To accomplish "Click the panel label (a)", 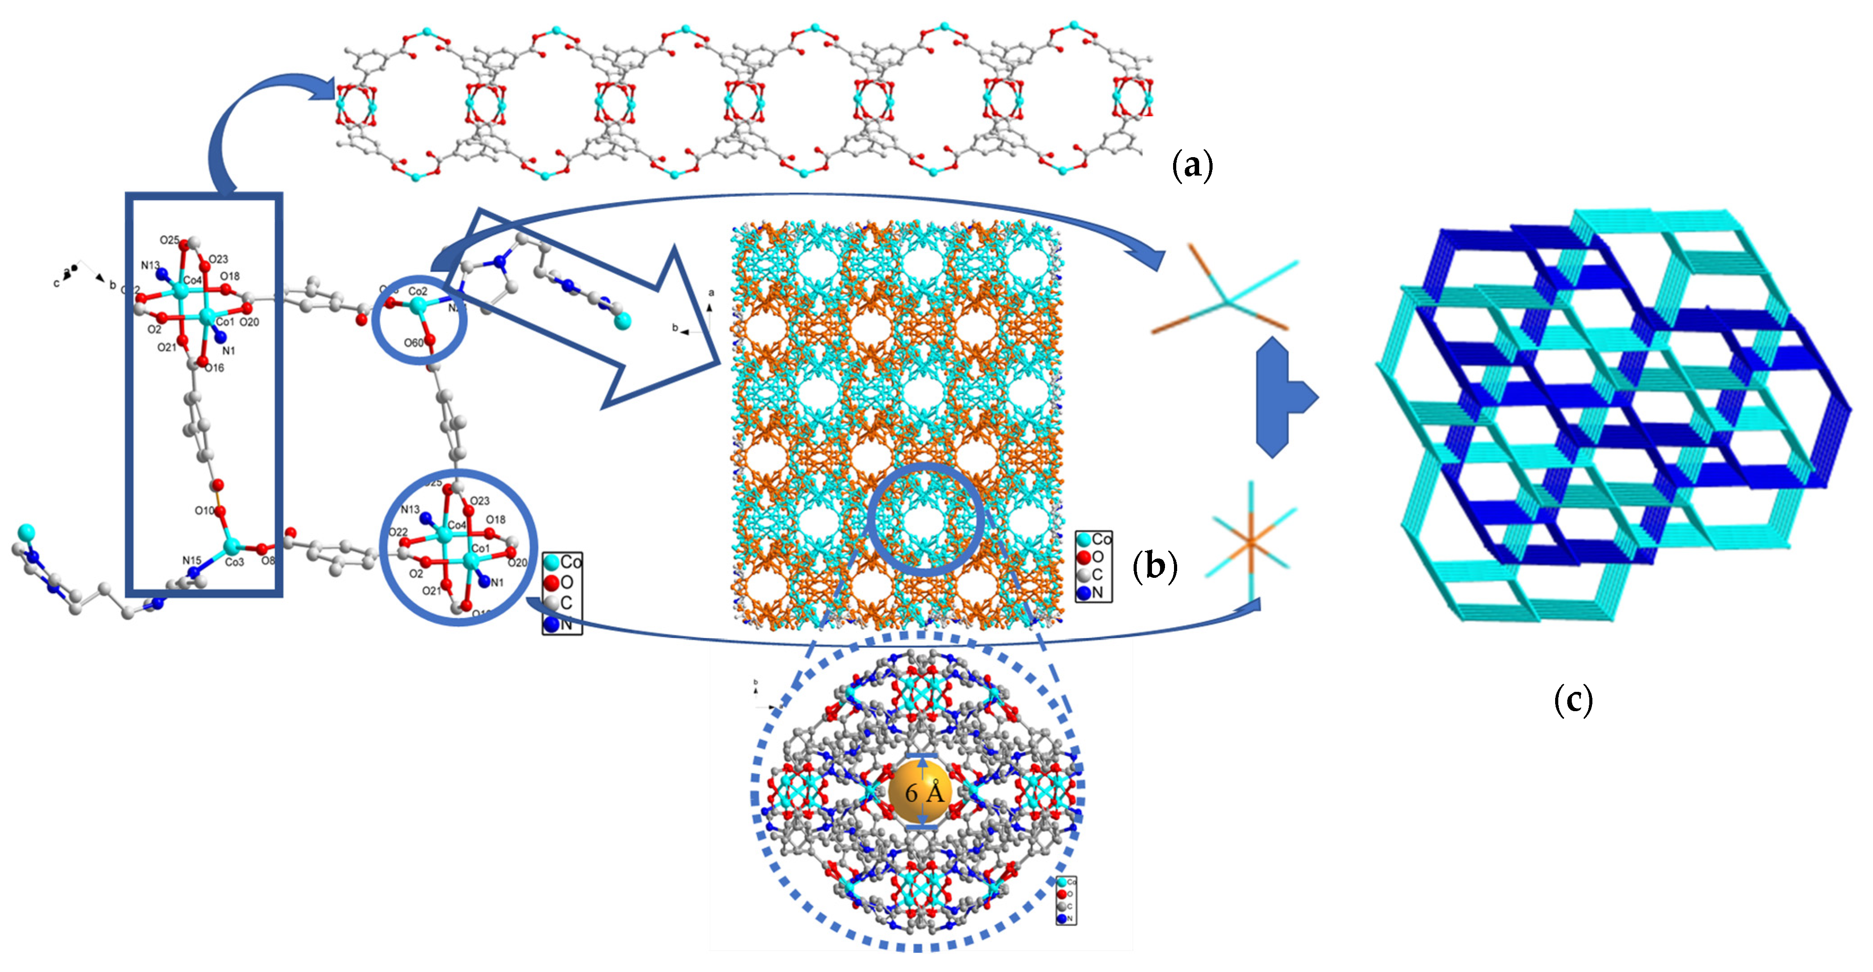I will pos(1192,166).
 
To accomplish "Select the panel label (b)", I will pos(1155,566).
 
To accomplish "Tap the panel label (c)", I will pos(1573,699).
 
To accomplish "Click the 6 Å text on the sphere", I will pos(923,792).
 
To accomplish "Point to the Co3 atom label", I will pos(234,562).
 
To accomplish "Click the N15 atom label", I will pos(191,560).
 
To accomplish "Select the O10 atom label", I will pos(204,510).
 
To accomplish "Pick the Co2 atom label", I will pos(418,291).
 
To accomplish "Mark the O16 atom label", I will pos(215,368).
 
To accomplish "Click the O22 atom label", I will pos(398,532).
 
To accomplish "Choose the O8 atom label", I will pos(268,560).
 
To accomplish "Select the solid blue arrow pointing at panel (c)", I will pos(1284,398).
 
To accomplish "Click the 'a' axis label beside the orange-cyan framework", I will pos(711,292).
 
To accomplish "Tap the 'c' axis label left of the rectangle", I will pos(56,283).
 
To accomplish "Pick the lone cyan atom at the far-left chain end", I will pos(26,532).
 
